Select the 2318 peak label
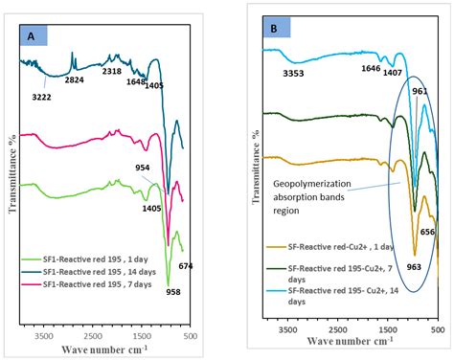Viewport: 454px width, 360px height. click(x=112, y=71)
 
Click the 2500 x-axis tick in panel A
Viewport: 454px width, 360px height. click(x=92, y=336)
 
